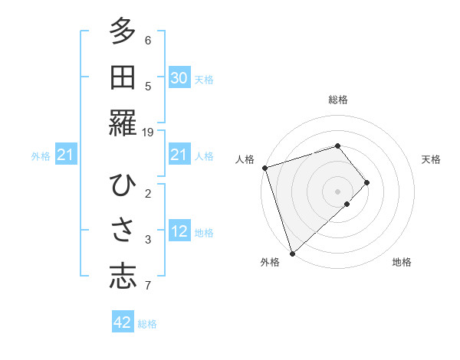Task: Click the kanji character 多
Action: [x=123, y=31]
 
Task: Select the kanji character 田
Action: [x=123, y=77]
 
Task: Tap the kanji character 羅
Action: [x=123, y=123]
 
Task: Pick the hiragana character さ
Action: [x=123, y=231]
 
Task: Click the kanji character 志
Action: [x=123, y=277]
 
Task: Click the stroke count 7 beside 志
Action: [x=148, y=286]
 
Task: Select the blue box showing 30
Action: [x=179, y=78]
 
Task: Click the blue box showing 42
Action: [x=123, y=322]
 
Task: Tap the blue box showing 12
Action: [x=179, y=231]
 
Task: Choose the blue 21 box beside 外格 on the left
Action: [x=65, y=155]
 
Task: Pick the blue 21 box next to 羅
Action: [x=179, y=155]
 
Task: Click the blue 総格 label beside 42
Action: [x=148, y=324]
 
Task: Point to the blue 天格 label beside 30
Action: [x=204, y=79]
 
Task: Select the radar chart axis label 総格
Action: [x=337, y=100]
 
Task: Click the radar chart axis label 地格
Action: [x=402, y=262]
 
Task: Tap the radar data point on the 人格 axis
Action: [x=264, y=168]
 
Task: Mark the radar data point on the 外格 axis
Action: [x=292, y=253]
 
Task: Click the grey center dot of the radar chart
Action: [x=337, y=191]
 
